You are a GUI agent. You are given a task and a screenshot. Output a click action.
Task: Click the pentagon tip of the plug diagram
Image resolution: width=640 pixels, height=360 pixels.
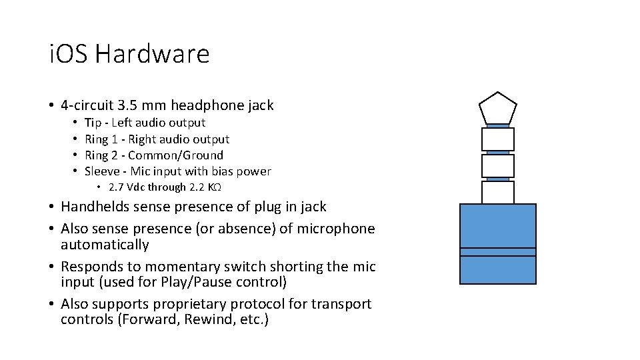click(x=497, y=108)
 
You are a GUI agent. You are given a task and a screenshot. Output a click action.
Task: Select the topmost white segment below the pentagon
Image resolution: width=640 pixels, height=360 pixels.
click(x=497, y=139)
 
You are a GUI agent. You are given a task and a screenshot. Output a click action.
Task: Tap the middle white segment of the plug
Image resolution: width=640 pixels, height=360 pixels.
click(x=497, y=165)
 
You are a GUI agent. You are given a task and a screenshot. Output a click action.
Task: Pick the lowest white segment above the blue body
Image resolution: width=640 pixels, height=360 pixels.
click(x=497, y=192)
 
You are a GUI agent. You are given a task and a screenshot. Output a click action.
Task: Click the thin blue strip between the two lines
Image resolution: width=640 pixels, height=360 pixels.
click(x=497, y=252)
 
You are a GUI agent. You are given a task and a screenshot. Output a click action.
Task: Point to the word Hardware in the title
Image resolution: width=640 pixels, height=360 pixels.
click(x=152, y=54)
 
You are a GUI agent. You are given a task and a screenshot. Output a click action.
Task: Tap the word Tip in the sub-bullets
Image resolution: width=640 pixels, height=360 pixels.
click(x=93, y=123)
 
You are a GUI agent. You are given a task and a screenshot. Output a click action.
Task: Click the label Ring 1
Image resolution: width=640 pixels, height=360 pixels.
click(x=100, y=139)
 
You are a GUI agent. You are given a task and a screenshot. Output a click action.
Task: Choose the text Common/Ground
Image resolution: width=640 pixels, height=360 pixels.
click(x=175, y=155)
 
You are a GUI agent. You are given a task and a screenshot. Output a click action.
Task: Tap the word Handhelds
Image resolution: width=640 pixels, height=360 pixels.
click(x=98, y=207)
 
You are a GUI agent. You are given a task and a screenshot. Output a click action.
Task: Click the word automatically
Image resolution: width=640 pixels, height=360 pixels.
click(x=105, y=245)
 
